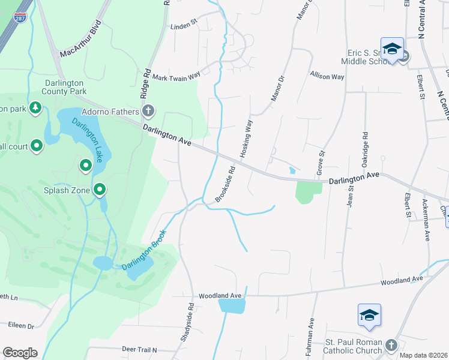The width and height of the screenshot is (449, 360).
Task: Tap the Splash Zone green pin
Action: (x=100, y=190)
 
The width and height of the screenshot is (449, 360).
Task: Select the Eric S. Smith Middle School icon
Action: (x=391, y=49)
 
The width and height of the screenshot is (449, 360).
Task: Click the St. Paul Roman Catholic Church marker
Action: (x=391, y=345)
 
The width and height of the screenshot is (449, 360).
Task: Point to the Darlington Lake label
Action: (x=88, y=139)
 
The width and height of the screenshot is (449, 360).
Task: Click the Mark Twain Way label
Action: (x=176, y=77)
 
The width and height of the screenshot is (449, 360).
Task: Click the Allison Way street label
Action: (x=327, y=76)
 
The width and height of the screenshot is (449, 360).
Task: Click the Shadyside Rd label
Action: (x=187, y=323)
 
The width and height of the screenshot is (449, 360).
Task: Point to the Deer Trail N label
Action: (x=139, y=349)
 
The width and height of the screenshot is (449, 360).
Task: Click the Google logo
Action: (x=20, y=353)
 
